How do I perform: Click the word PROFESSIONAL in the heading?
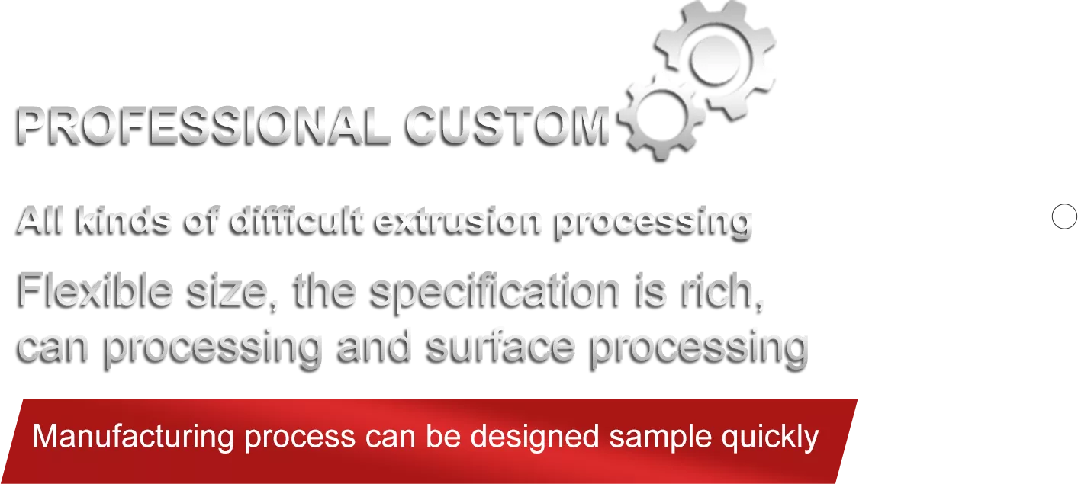coord(203,127)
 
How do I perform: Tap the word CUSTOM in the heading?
coord(507,127)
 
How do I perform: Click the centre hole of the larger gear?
coord(715,60)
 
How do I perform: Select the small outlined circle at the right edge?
coord(1064,216)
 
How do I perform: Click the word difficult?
coord(297,221)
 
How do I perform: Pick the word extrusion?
coord(457,222)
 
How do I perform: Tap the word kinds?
coord(123,221)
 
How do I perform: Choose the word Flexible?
coord(95,291)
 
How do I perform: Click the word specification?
coord(494,294)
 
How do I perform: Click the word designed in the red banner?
coord(535,438)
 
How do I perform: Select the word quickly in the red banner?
coord(770,438)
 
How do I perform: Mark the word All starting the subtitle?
coord(40,221)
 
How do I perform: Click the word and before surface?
coord(374,347)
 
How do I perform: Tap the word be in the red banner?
coord(443,437)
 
